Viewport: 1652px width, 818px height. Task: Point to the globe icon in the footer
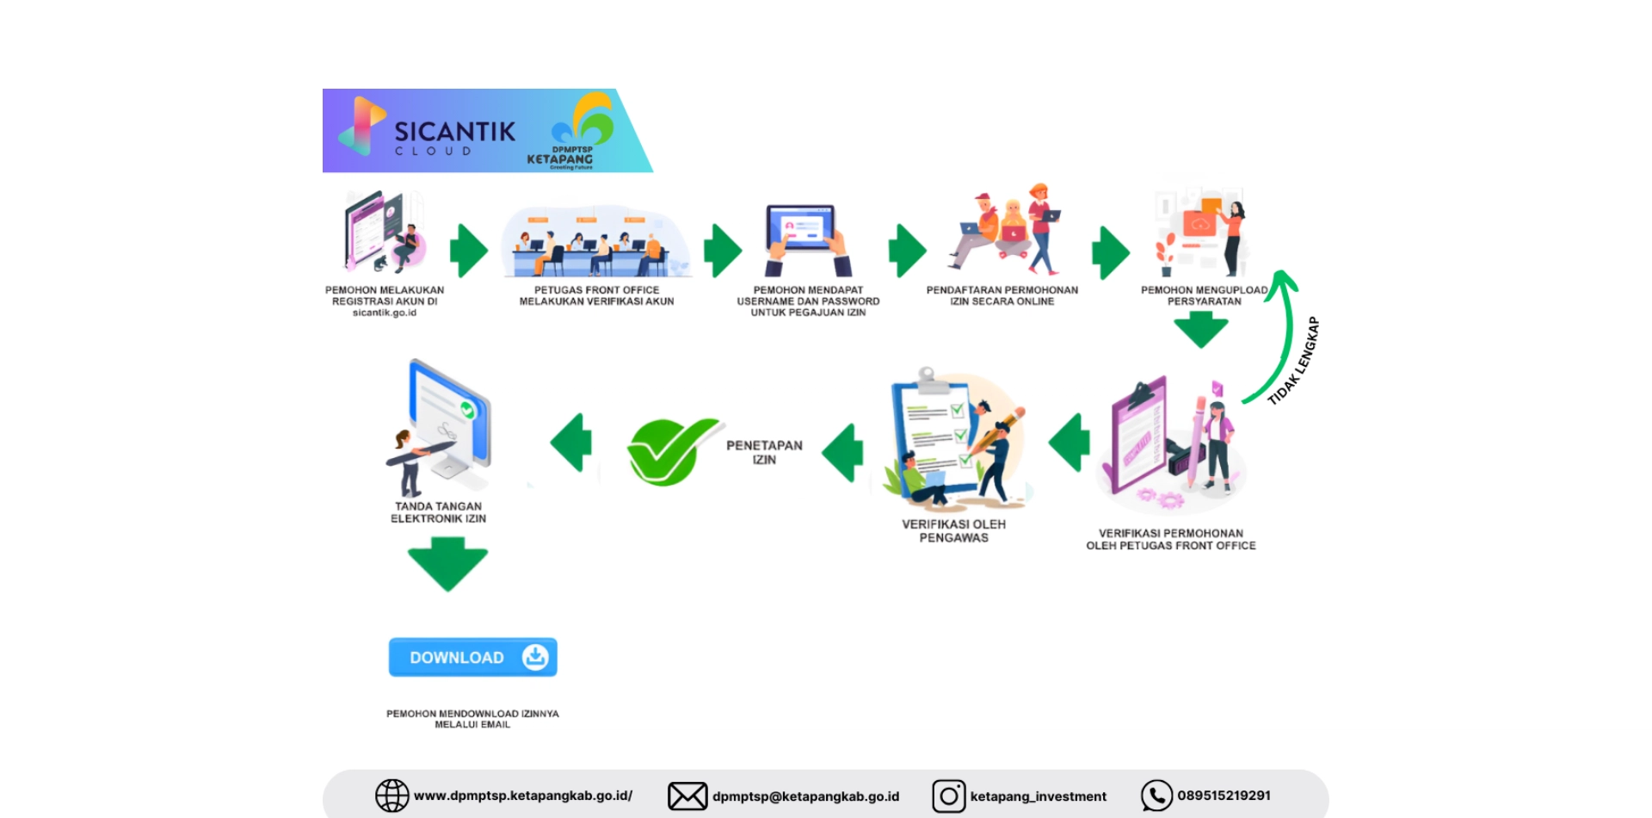(391, 796)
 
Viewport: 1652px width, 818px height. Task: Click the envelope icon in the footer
(687, 796)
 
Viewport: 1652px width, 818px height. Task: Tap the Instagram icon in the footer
(948, 796)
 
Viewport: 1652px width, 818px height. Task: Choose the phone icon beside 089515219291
(1156, 796)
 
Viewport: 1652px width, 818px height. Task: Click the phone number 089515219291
(1224, 796)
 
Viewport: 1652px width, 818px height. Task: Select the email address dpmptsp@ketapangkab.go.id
(805, 796)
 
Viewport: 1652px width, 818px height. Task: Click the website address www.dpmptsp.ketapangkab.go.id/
(523, 796)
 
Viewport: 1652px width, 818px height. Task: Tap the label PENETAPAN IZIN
(764, 452)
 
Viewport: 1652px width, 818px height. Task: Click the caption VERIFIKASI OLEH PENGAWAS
(953, 530)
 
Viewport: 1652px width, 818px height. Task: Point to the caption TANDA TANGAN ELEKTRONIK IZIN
(439, 512)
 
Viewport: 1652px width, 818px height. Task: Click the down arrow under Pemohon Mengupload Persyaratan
(1201, 329)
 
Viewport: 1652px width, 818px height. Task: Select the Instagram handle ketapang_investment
(1038, 796)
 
